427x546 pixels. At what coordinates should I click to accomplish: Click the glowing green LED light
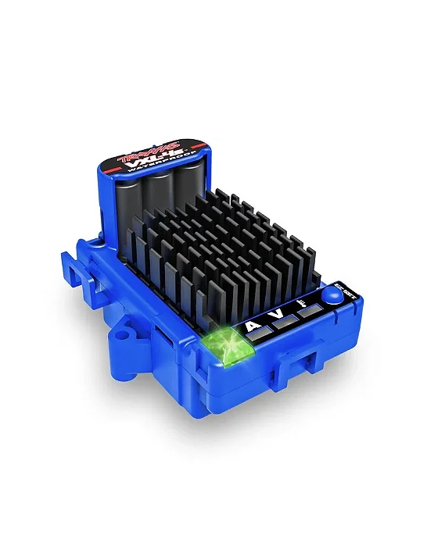coord(235,341)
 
